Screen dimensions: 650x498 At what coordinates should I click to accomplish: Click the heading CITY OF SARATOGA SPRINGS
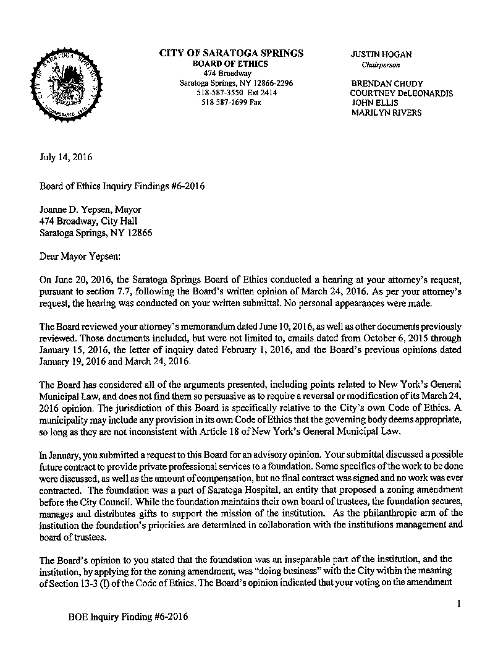231,54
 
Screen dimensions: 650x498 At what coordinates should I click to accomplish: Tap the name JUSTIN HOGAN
381,54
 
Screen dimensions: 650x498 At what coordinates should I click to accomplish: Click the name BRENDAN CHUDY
386,83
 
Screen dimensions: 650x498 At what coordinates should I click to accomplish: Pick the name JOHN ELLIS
375,103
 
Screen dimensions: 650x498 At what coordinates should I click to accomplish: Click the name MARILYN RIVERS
387,113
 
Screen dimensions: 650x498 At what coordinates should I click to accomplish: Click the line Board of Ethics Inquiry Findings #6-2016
122,186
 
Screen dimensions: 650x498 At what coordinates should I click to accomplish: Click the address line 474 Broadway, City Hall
88,221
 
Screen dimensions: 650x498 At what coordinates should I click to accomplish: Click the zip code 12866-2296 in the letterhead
271,83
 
